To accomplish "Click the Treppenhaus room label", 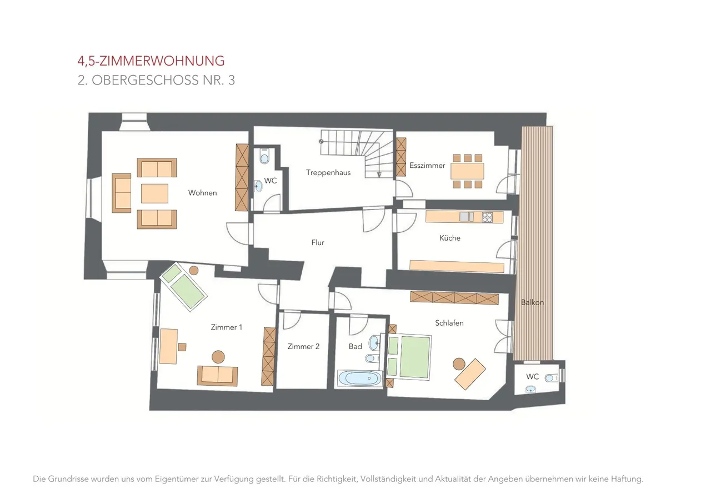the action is coord(328,173).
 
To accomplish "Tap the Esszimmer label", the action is coord(427,166).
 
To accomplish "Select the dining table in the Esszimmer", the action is coord(467,171).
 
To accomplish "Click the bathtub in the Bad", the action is coord(359,378).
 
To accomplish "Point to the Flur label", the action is coord(318,243).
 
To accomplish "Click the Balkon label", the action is coord(532,302).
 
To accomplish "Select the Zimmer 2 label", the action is coord(303,346).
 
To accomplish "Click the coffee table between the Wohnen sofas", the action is coord(154,193).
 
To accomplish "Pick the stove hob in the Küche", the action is coord(487,217).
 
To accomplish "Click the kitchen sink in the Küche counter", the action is coord(464,217).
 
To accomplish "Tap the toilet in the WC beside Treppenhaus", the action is coord(264,156).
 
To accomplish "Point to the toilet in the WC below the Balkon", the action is coord(552,378).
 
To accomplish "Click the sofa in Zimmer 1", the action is coord(217,376).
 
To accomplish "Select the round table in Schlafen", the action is coord(459,364).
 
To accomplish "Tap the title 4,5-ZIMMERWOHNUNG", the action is coord(151,61).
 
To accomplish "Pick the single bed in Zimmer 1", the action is coord(183,287).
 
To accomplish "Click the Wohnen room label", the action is coord(203,193).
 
